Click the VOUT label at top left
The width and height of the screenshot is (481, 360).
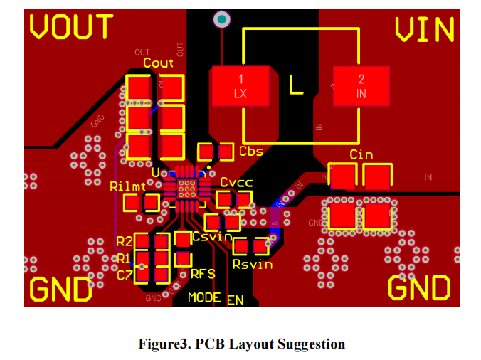71,27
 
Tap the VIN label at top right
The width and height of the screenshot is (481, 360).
424,29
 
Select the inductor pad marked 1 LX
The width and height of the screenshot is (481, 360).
240,86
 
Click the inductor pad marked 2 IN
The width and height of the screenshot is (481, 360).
361,86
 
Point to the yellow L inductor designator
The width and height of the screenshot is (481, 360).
297,85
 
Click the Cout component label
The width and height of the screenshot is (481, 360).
158,63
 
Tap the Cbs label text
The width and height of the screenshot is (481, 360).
251,152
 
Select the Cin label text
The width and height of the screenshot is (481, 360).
361,155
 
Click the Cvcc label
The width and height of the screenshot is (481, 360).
236,183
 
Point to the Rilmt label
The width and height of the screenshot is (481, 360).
128,187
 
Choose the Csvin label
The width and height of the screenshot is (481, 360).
212,236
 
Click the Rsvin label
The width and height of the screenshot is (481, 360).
253,264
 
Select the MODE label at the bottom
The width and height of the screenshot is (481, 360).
204,297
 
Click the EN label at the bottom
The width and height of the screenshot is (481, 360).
235,300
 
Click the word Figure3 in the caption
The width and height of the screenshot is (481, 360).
166,344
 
